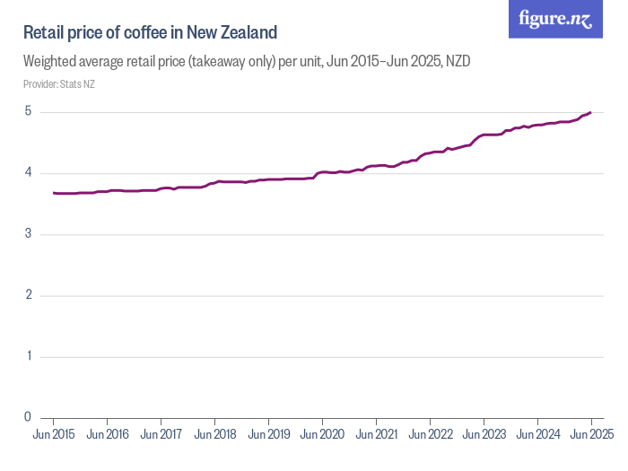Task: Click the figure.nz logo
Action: click(555, 19)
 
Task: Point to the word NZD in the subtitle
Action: click(458, 62)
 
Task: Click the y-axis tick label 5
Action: click(28, 112)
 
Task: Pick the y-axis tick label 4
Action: click(28, 173)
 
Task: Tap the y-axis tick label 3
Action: click(28, 234)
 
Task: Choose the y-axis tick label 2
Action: click(28, 295)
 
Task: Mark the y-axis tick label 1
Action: click(28, 356)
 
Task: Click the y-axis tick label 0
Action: click(28, 417)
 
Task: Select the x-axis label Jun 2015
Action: click(53, 434)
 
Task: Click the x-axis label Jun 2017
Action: click(161, 434)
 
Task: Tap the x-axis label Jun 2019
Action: click(268, 434)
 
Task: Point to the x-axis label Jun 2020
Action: click(322, 434)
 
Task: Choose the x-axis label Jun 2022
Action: click(430, 434)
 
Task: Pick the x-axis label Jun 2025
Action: click(590, 434)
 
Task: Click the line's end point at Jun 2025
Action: click(590, 112)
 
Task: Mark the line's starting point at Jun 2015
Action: click(54, 193)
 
